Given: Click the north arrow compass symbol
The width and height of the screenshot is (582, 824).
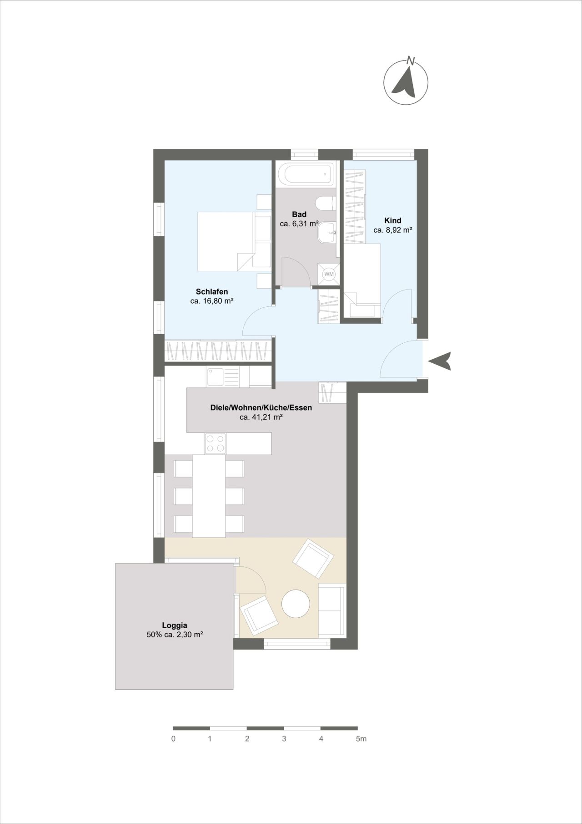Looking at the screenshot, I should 406,82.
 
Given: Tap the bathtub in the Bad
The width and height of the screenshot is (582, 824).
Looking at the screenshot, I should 305,174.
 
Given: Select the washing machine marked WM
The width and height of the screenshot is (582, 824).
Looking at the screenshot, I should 329,274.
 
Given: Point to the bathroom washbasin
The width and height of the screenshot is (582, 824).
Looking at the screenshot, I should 326,233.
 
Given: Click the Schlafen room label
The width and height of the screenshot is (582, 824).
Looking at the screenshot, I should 212,291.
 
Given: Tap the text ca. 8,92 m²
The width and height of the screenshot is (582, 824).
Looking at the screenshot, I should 393,230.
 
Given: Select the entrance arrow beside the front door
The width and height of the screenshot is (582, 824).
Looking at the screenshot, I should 440,361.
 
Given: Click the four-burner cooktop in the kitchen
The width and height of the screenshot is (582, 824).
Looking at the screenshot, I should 215,443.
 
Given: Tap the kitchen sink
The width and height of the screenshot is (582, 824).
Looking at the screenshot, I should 223,377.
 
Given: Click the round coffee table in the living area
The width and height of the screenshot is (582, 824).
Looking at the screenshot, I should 296,604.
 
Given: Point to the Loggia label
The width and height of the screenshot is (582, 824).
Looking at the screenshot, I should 175,625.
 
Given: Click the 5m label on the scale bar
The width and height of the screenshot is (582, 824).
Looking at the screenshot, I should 361,738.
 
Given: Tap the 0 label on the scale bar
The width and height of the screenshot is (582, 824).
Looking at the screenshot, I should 173,738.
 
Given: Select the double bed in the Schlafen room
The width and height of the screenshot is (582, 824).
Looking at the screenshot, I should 226,241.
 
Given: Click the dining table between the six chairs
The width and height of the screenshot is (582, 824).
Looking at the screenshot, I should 209,496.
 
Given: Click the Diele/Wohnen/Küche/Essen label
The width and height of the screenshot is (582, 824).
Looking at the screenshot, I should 261,407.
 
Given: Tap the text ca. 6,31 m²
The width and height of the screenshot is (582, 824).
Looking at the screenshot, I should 299,224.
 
